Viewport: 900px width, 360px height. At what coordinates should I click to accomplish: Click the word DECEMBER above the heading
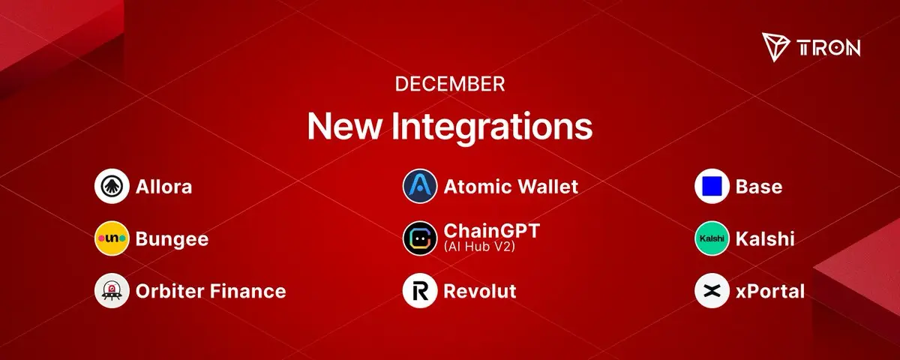coord(449,84)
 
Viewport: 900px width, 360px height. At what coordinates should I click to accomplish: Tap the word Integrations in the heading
coord(492,126)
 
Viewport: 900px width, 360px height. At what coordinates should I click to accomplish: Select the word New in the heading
coord(343,126)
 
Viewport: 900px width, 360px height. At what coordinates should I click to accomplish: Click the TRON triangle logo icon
coord(775,47)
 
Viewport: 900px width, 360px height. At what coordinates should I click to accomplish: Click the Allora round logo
coord(112,186)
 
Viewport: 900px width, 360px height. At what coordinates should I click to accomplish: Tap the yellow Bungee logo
coord(112,238)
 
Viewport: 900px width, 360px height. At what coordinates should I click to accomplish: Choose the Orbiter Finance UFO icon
coord(112,290)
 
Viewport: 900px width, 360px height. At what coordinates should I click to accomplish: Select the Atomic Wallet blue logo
coord(420,186)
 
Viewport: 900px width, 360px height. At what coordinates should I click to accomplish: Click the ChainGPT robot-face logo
coord(420,238)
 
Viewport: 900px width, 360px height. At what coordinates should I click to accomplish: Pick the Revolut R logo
coord(420,290)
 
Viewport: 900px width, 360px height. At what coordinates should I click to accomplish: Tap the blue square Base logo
coord(712,186)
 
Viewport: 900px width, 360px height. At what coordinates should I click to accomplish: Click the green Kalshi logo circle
coord(712,238)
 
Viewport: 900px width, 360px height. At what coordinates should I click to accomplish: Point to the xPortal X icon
coord(712,290)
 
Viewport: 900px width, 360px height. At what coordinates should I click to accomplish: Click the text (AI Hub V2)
coord(479,246)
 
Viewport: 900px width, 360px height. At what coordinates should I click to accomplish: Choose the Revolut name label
coord(480,291)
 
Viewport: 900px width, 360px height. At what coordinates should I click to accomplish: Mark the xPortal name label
coord(770,291)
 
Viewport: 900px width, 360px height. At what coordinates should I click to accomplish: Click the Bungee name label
coord(172,239)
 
